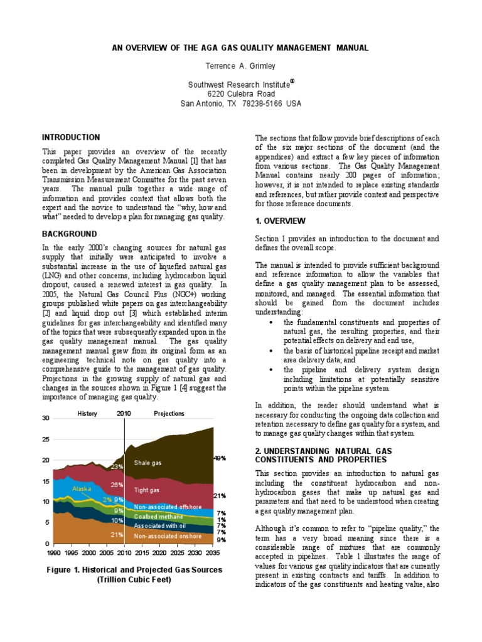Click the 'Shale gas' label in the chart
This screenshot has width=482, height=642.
click(x=147, y=463)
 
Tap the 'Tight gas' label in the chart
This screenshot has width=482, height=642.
click(x=146, y=490)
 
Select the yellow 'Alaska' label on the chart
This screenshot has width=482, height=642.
click(x=82, y=488)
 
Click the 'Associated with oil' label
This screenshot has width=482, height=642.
click(x=161, y=526)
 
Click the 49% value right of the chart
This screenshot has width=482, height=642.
click(x=220, y=458)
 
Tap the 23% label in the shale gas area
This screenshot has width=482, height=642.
click(x=117, y=466)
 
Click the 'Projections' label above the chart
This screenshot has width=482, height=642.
click(x=169, y=414)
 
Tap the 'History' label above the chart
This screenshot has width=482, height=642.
click(x=87, y=414)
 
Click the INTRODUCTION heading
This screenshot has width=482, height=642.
click(x=71, y=137)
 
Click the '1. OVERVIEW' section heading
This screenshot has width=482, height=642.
click(x=280, y=221)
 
